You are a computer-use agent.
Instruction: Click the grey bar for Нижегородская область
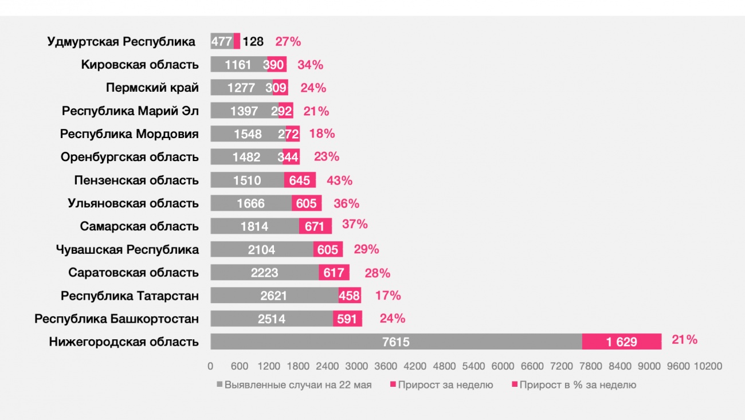[396, 342]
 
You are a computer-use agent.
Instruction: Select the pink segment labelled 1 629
[622, 342]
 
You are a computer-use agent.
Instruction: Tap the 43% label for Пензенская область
[339, 180]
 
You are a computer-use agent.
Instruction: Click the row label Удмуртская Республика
[121, 42]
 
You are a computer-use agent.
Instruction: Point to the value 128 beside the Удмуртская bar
[253, 42]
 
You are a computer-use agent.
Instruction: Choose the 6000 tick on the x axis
[503, 366]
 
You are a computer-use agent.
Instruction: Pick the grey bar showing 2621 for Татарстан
[274, 296]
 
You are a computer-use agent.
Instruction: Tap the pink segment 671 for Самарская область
[315, 226]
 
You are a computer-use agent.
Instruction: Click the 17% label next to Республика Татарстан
[388, 296]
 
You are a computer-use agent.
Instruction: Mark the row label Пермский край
[152, 88]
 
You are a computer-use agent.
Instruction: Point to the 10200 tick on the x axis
[708, 366]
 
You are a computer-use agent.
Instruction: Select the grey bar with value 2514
[272, 319]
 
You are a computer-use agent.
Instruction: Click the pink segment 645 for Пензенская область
[300, 180]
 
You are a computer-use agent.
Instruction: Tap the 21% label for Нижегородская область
[684, 340]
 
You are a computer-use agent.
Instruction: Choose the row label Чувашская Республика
[127, 249]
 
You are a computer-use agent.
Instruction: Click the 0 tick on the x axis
[210, 366]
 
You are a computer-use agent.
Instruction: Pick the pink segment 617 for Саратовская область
[334, 273]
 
